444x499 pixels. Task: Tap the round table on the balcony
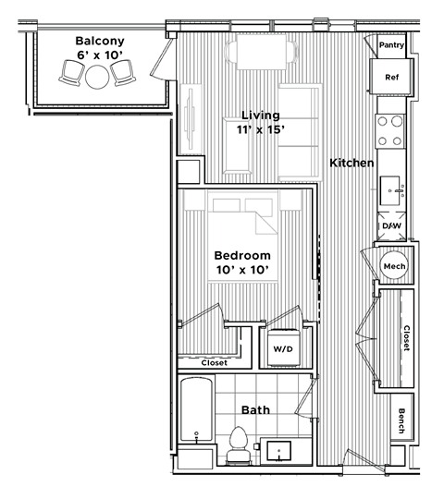[95, 77]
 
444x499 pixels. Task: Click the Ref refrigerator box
[390, 77]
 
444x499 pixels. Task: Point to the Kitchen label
[351, 163]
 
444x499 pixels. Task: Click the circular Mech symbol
[393, 266]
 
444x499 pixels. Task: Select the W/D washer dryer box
[282, 349]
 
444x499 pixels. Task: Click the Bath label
[255, 409]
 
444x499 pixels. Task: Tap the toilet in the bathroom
[238, 444]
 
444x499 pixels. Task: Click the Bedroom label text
[241, 255]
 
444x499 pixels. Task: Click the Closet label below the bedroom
[215, 363]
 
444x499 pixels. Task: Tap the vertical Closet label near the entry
[406, 337]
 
